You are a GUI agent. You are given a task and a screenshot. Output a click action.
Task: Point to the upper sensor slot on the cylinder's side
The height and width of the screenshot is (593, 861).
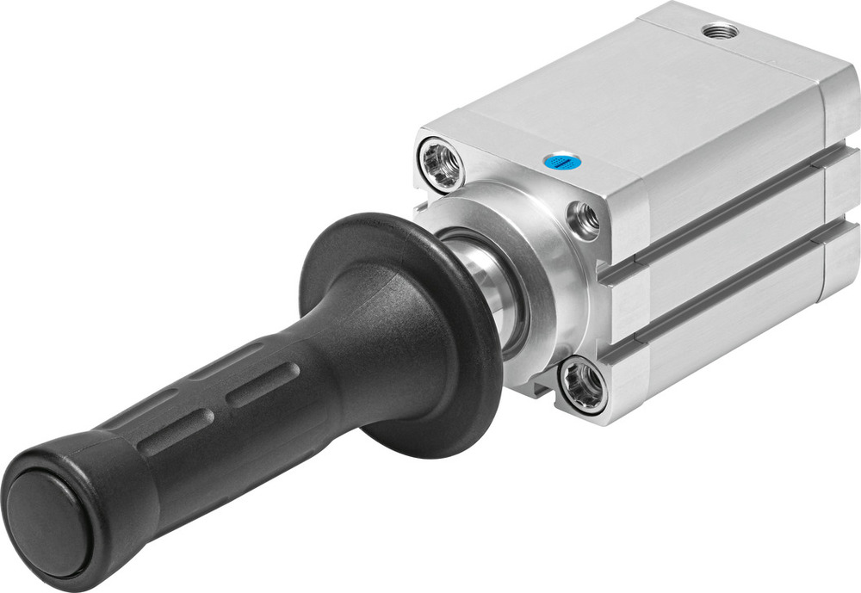point(723,215)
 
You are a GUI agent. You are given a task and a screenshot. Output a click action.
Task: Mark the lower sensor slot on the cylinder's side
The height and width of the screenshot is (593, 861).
point(723,284)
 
